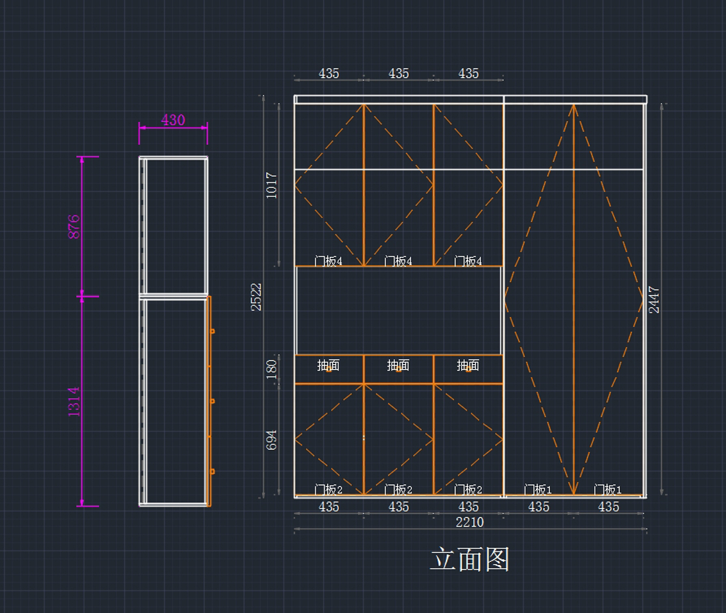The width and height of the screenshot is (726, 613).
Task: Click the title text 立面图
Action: click(x=469, y=559)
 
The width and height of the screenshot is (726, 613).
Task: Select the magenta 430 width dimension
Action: click(x=173, y=120)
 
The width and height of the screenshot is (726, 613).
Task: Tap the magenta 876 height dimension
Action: click(x=74, y=226)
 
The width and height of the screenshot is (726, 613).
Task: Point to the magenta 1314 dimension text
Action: click(x=74, y=401)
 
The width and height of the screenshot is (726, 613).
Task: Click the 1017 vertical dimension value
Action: click(x=272, y=185)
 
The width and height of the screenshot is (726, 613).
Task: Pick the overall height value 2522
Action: click(x=257, y=297)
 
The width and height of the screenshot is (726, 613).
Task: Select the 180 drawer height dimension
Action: click(x=272, y=368)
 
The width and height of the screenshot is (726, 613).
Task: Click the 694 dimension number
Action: click(x=272, y=440)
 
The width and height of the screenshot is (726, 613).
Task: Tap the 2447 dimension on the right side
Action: click(x=654, y=300)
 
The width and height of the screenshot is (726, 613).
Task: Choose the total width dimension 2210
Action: click(x=469, y=522)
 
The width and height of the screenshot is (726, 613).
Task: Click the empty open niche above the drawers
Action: click(x=399, y=310)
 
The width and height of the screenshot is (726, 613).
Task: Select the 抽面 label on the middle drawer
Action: click(x=398, y=365)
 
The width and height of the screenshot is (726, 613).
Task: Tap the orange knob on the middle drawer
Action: click(x=398, y=369)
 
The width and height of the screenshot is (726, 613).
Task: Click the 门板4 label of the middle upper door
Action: click(x=398, y=261)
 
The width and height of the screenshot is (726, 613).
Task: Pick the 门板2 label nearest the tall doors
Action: click(x=468, y=489)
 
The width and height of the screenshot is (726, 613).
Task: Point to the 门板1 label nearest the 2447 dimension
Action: click(x=607, y=489)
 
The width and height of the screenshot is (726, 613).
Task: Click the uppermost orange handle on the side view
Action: click(x=212, y=331)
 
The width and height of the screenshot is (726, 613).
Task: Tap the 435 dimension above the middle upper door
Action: click(x=399, y=73)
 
